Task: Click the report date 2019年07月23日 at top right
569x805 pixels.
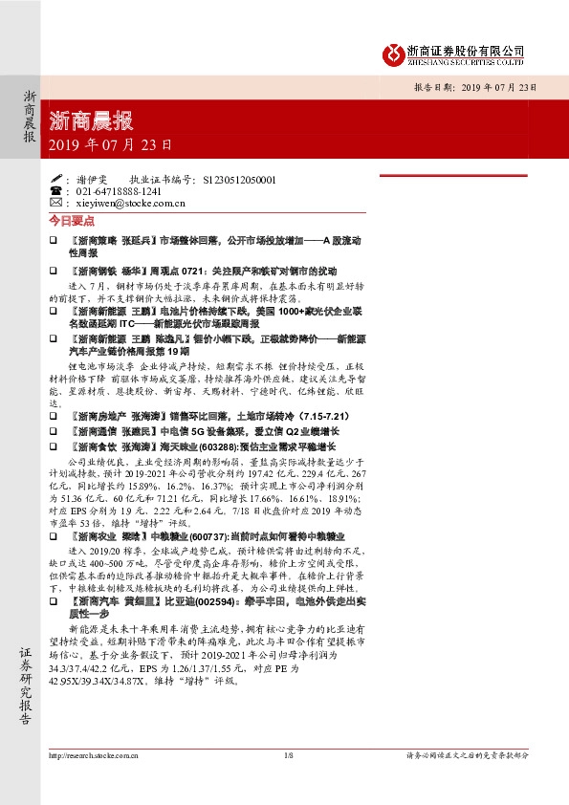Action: point(497,87)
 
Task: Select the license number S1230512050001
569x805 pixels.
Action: point(240,179)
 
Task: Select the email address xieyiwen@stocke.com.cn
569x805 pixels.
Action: point(130,203)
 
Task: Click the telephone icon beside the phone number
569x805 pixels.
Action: point(55,191)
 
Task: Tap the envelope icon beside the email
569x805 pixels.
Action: point(55,203)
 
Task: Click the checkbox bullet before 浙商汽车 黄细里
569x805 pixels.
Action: point(54,604)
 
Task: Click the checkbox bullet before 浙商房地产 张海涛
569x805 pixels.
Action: point(54,418)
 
